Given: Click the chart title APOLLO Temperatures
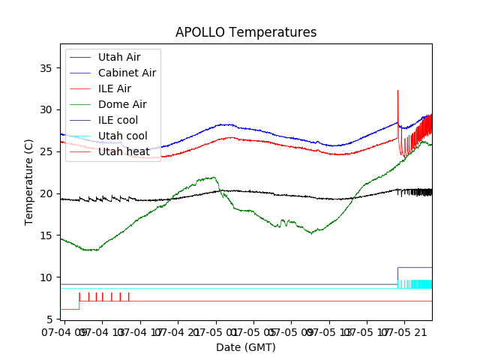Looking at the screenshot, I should (245, 33).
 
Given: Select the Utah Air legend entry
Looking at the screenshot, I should (118, 57).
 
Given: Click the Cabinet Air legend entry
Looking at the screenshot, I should (127, 73).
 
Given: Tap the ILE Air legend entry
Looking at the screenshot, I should (115, 88).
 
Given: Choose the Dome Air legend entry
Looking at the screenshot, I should (122, 104).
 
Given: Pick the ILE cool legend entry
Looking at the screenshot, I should (118, 120).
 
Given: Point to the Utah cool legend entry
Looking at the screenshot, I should (122, 136).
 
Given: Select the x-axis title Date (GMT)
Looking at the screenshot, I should (245, 347).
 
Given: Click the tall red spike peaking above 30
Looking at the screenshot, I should (397, 93).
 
